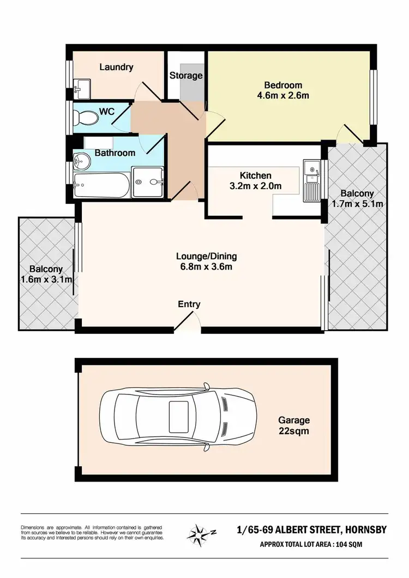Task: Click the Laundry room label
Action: (116, 67)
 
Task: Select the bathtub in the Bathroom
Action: (101, 187)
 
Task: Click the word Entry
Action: (189, 305)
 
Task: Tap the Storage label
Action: (186, 76)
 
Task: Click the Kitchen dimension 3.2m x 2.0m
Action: (256, 186)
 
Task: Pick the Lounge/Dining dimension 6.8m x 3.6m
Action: (206, 266)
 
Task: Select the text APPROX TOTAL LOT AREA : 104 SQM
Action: (311, 544)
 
